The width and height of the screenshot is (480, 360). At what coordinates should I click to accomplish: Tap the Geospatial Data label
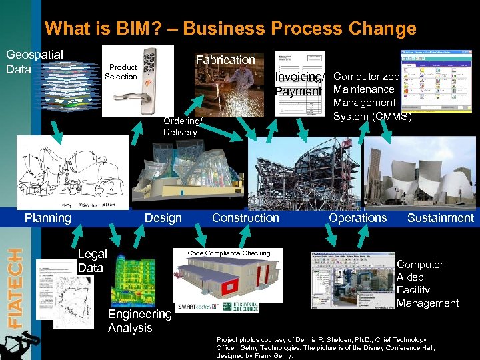(x=34, y=61)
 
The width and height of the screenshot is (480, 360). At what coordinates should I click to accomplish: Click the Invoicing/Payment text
(x=299, y=84)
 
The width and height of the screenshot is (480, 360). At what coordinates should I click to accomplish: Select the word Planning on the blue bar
(x=47, y=218)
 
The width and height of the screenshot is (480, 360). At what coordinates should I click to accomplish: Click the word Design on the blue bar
(x=163, y=218)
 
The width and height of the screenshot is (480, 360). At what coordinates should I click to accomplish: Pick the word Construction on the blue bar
(x=245, y=218)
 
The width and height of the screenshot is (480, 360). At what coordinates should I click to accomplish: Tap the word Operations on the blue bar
(x=357, y=218)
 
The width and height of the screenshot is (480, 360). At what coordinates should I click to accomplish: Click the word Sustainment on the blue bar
(x=440, y=218)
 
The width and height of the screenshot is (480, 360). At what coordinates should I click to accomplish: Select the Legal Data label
(x=92, y=261)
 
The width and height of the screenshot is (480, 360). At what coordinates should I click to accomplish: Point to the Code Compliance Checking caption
(x=229, y=253)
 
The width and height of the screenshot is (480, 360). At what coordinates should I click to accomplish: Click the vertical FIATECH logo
(x=13, y=287)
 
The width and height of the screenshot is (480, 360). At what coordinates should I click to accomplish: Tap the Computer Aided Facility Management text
(x=427, y=284)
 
